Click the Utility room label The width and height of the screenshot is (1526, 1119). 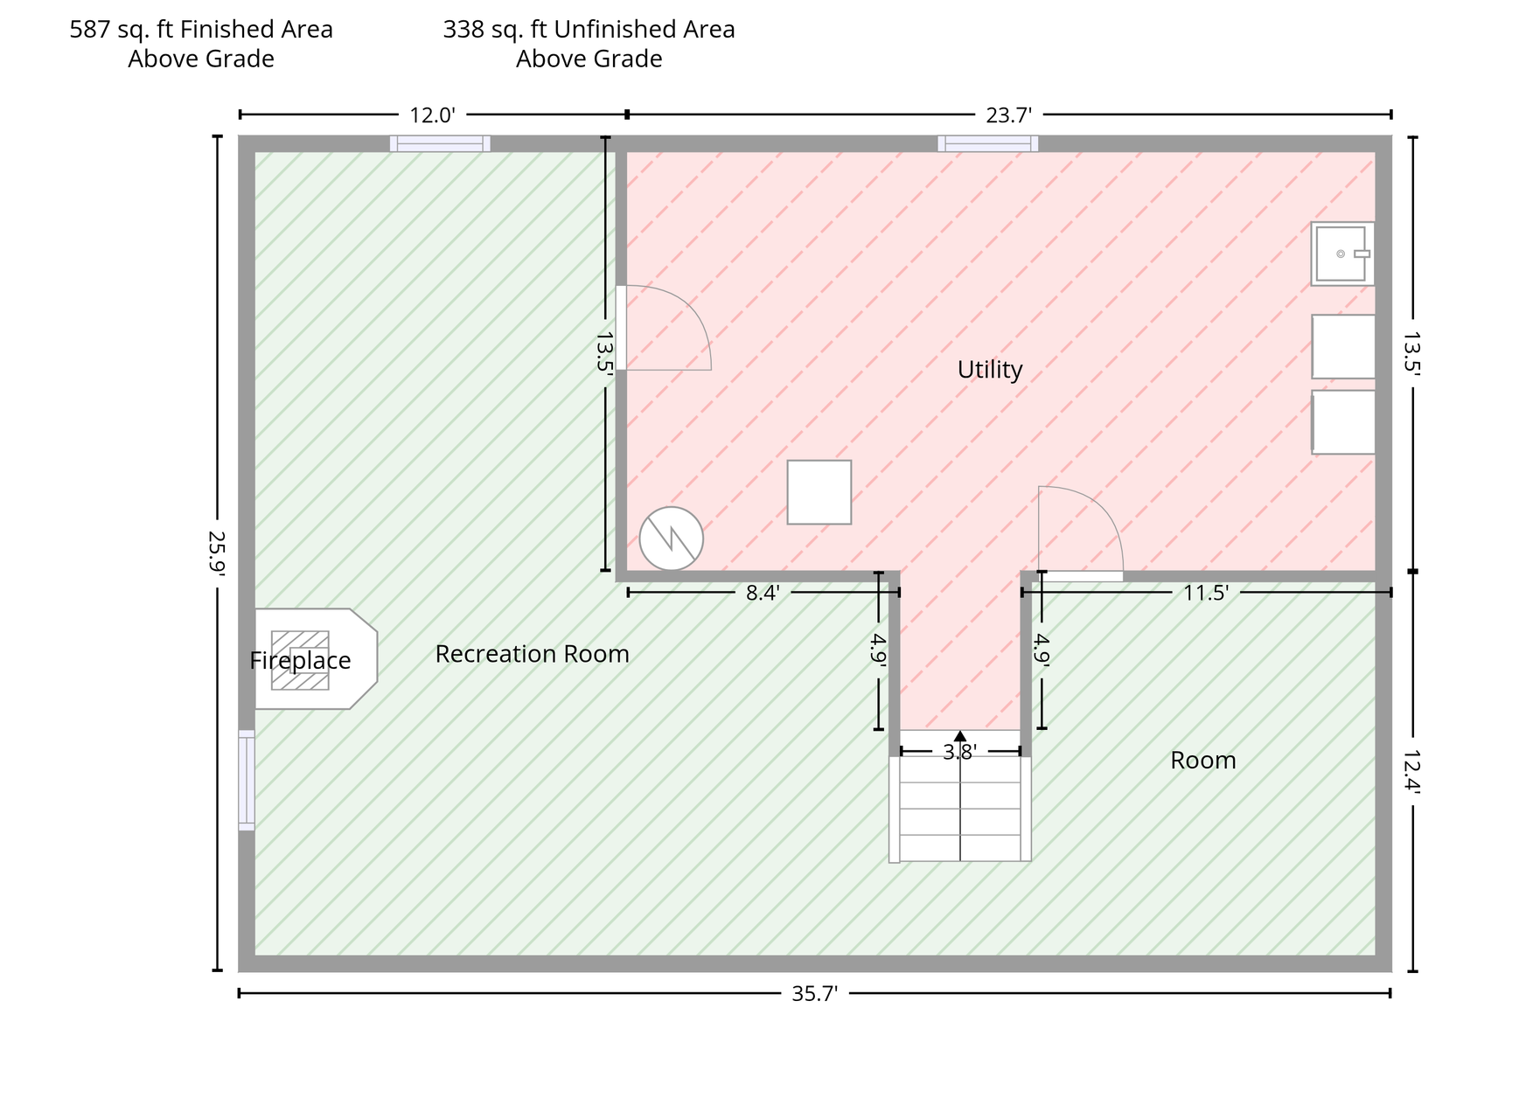[x=990, y=370]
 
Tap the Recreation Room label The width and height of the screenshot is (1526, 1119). [x=532, y=654]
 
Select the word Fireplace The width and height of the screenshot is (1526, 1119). [x=300, y=661]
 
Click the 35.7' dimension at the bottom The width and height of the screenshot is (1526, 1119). [x=814, y=994]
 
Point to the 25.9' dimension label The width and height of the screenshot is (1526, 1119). [x=217, y=553]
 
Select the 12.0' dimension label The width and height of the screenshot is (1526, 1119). [x=433, y=115]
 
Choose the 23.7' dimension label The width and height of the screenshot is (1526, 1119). [x=1009, y=115]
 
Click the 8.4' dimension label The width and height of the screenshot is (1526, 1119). [x=763, y=594]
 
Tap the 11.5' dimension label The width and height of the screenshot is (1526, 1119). [x=1206, y=594]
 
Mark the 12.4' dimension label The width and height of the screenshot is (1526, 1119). [x=1411, y=771]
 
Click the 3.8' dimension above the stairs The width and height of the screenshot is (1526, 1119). [x=959, y=752]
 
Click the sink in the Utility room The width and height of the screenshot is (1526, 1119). [x=1342, y=254]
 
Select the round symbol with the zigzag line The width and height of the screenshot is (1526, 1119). [x=671, y=539]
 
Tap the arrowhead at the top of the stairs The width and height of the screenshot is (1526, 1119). [x=960, y=736]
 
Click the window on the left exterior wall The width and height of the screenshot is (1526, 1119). [x=247, y=780]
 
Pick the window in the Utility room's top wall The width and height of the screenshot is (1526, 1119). [x=988, y=143]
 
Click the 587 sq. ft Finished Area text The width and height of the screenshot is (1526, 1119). [x=201, y=30]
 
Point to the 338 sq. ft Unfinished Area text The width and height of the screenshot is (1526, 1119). [x=589, y=30]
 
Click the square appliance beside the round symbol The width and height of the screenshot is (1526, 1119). [x=819, y=492]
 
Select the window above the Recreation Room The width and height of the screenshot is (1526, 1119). [x=440, y=143]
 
